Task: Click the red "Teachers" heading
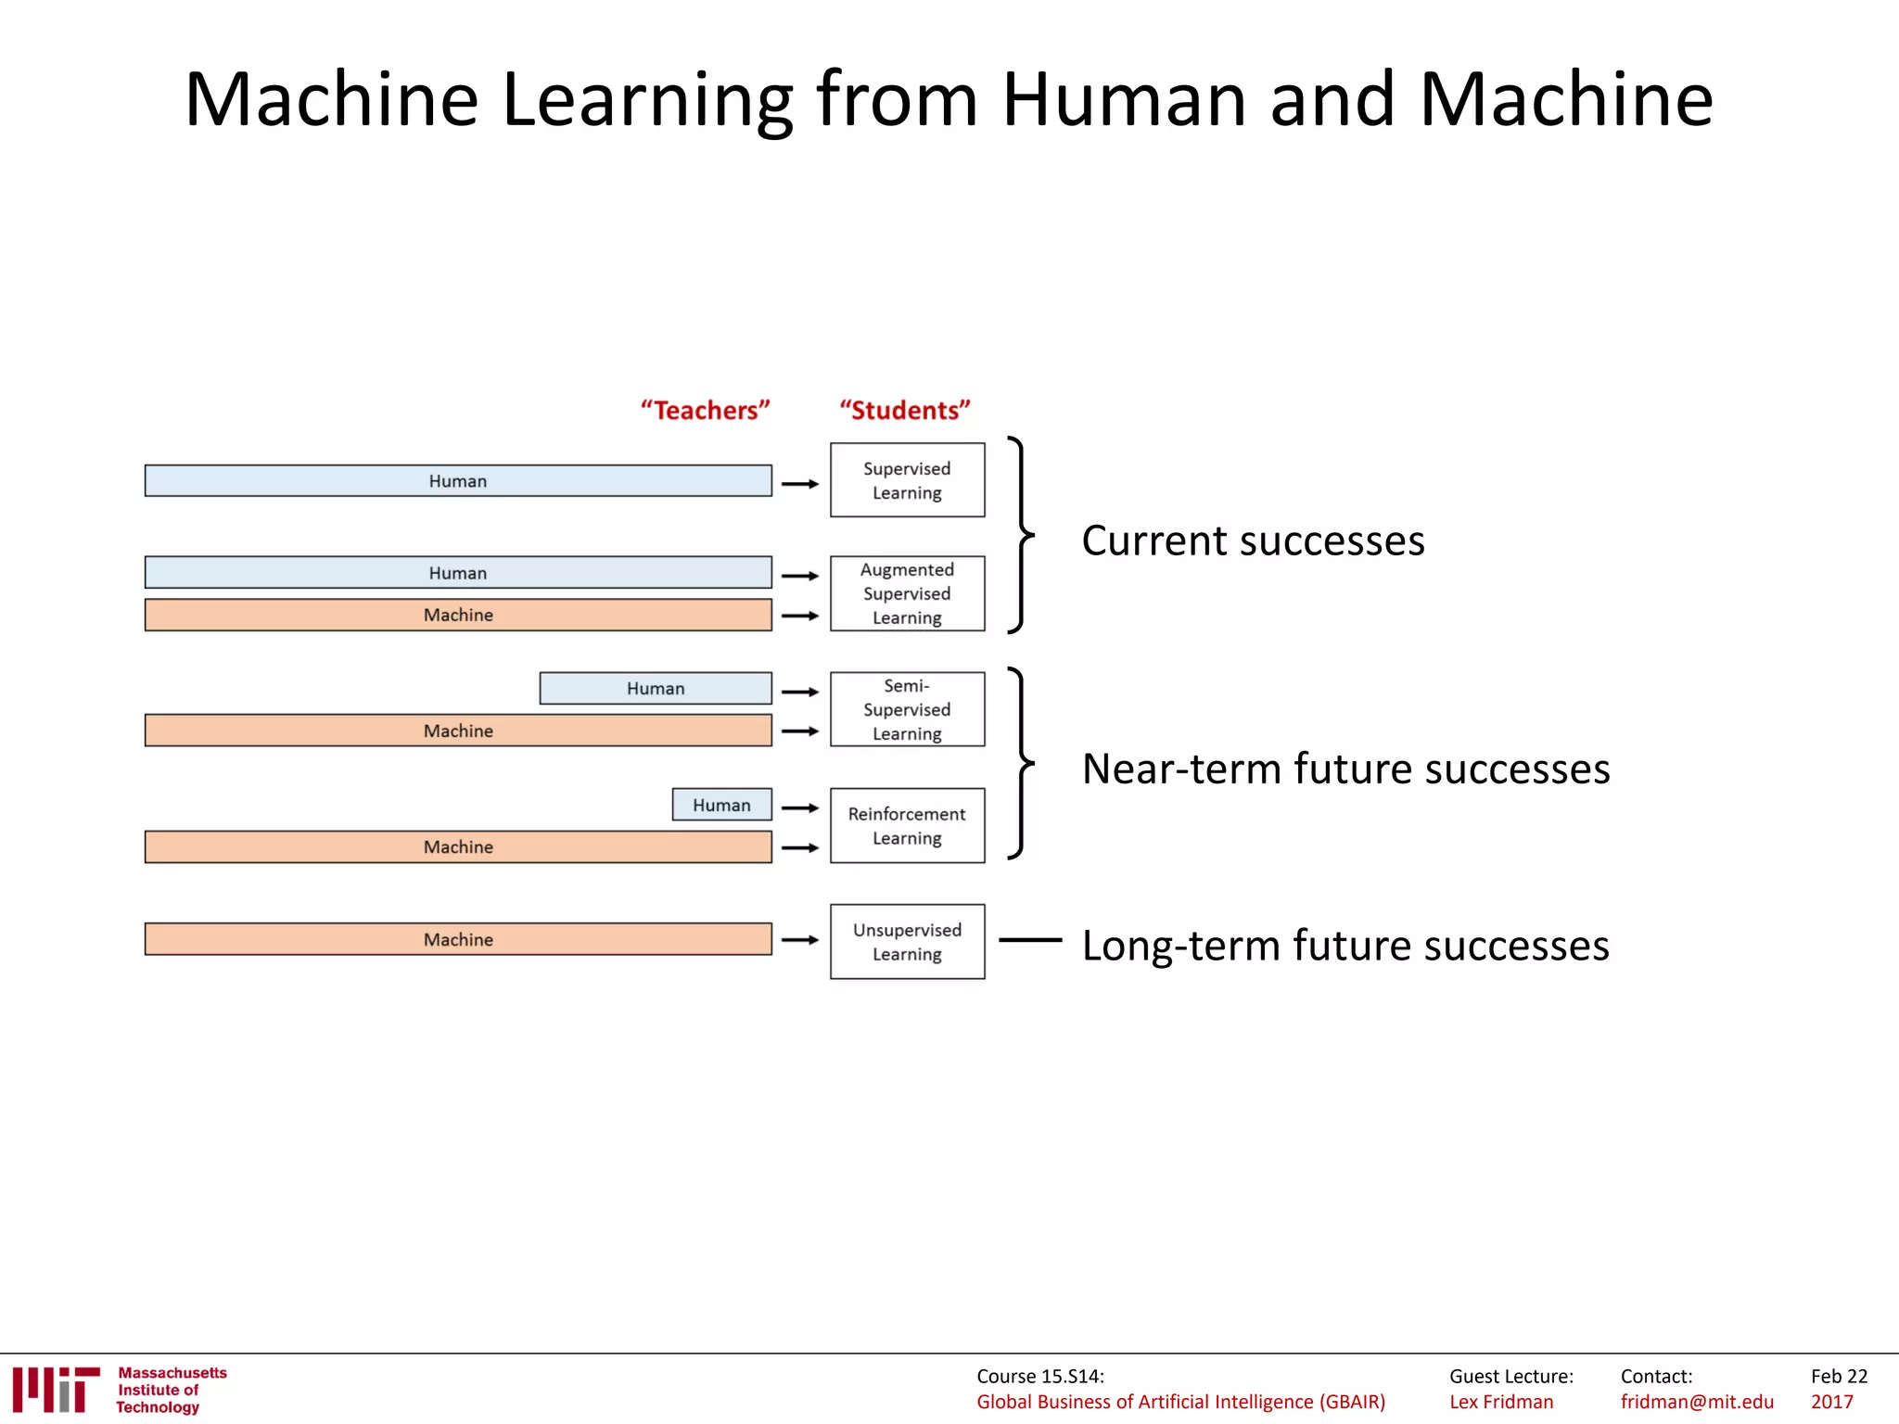705,410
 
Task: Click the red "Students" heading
904,410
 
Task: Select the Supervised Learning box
907,480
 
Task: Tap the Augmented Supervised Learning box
907,593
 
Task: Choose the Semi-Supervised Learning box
907,709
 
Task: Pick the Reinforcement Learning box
907,825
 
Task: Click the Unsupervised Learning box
907,941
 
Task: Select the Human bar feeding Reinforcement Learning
721,805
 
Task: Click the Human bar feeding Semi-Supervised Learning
655,688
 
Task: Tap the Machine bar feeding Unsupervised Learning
458,939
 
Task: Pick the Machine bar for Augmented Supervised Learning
458,615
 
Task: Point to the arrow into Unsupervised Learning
799,940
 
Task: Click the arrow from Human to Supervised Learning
799,483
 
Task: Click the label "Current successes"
1253,540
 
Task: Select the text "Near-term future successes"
1345,769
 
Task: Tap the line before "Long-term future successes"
1030,940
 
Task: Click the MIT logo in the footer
56,1389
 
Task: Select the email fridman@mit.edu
1697,1402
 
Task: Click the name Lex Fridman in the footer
1501,1402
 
